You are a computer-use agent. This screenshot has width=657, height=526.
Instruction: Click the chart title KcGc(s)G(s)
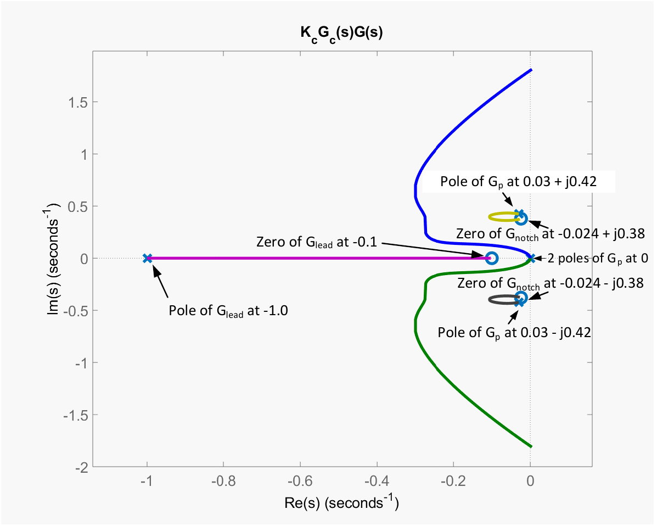341,33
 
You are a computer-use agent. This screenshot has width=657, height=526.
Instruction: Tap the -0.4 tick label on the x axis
377,481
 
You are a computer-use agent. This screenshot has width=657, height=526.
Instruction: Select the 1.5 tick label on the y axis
78,102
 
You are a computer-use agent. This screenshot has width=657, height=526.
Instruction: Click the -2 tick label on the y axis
82,467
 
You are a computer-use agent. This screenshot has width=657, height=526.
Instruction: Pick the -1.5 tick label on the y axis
76,415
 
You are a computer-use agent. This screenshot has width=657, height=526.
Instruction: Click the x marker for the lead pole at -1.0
147,258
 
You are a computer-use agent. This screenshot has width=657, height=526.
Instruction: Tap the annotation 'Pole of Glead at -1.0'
228,311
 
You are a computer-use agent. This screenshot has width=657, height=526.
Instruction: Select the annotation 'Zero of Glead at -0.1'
316,242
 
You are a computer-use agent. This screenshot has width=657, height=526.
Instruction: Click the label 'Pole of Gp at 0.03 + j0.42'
518,182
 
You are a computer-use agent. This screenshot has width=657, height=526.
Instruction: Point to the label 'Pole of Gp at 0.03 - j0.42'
514,333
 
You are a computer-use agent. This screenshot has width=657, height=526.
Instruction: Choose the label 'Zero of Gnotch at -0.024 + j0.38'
550,234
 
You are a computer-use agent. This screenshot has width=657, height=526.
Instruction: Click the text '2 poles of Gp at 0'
598,259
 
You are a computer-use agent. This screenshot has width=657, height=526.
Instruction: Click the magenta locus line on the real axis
318,258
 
